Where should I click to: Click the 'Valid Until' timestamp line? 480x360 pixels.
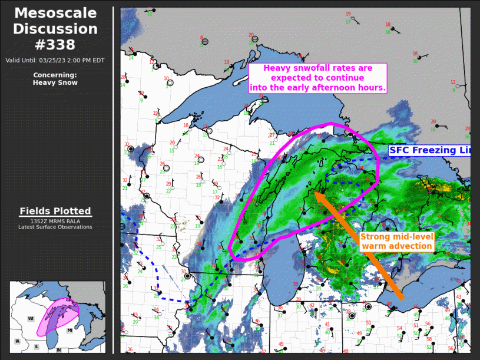click(x=55, y=60)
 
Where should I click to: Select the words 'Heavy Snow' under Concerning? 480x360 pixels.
click(x=55, y=82)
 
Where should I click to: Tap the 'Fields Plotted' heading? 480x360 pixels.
click(x=55, y=211)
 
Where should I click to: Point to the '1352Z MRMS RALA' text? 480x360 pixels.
click(x=55, y=221)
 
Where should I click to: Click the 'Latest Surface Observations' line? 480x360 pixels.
click(x=55, y=227)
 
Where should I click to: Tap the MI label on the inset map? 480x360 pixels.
click(x=69, y=331)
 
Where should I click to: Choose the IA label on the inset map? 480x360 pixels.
click(x=17, y=341)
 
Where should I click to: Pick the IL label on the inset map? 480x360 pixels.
click(x=37, y=346)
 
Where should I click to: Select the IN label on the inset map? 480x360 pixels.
click(x=58, y=350)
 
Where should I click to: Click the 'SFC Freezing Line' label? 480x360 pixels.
click(x=430, y=151)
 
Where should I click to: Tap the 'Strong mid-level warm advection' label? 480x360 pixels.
click(x=396, y=241)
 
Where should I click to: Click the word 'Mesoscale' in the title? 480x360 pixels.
click(x=56, y=13)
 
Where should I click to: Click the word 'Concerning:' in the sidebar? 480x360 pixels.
click(x=55, y=75)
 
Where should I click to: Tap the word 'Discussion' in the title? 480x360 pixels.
click(x=56, y=29)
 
